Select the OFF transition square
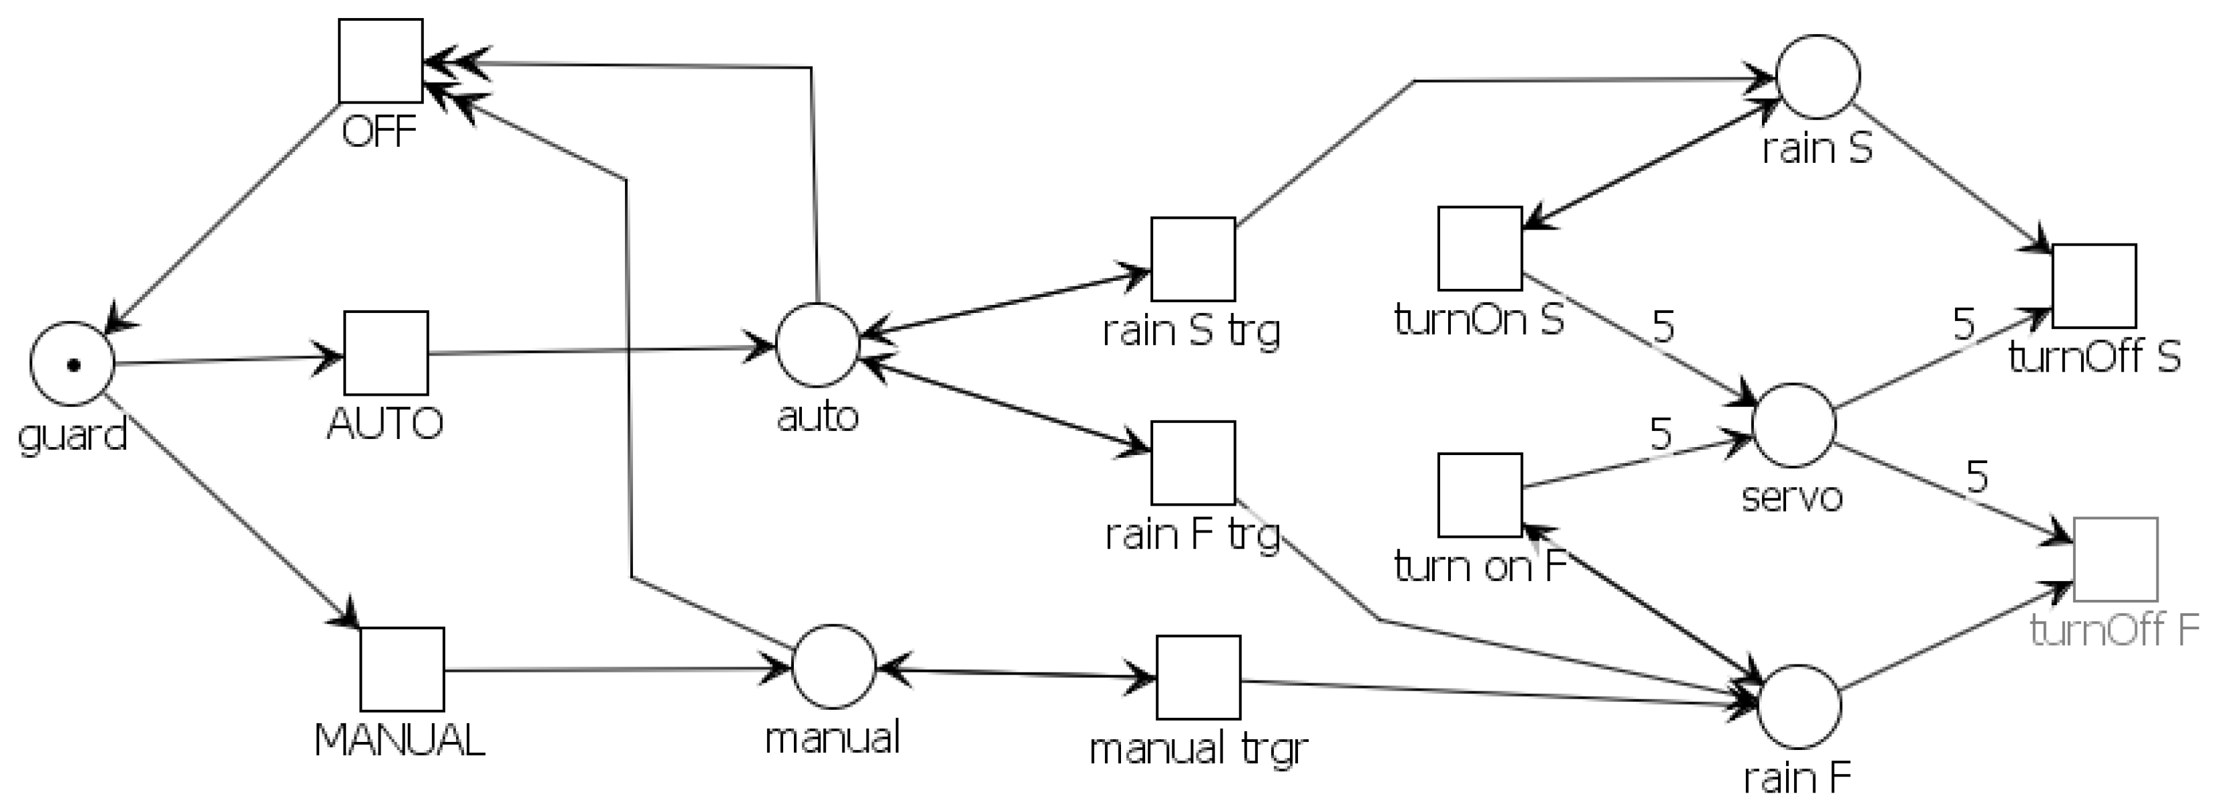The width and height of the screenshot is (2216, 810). tap(380, 61)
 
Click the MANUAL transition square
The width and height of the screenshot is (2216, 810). tap(402, 669)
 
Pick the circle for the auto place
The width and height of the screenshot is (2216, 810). tap(817, 345)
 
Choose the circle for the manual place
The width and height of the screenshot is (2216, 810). tap(833, 667)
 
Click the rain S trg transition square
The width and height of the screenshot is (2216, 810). tap(1193, 259)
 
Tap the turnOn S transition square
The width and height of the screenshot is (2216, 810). tap(1480, 248)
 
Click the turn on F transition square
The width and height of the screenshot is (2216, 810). tap(1480, 495)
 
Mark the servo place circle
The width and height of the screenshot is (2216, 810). tap(1793, 426)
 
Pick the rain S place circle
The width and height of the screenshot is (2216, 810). tap(1817, 77)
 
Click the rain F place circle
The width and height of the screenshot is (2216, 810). tap(1799, 706)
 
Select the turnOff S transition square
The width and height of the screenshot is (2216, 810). tap(2094, 286)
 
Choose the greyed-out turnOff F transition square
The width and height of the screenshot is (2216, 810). tap(2115, 560)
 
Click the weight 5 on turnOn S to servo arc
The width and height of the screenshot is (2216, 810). tap(1664, 327)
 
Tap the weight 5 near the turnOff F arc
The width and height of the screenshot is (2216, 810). tap(1977, 476)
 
